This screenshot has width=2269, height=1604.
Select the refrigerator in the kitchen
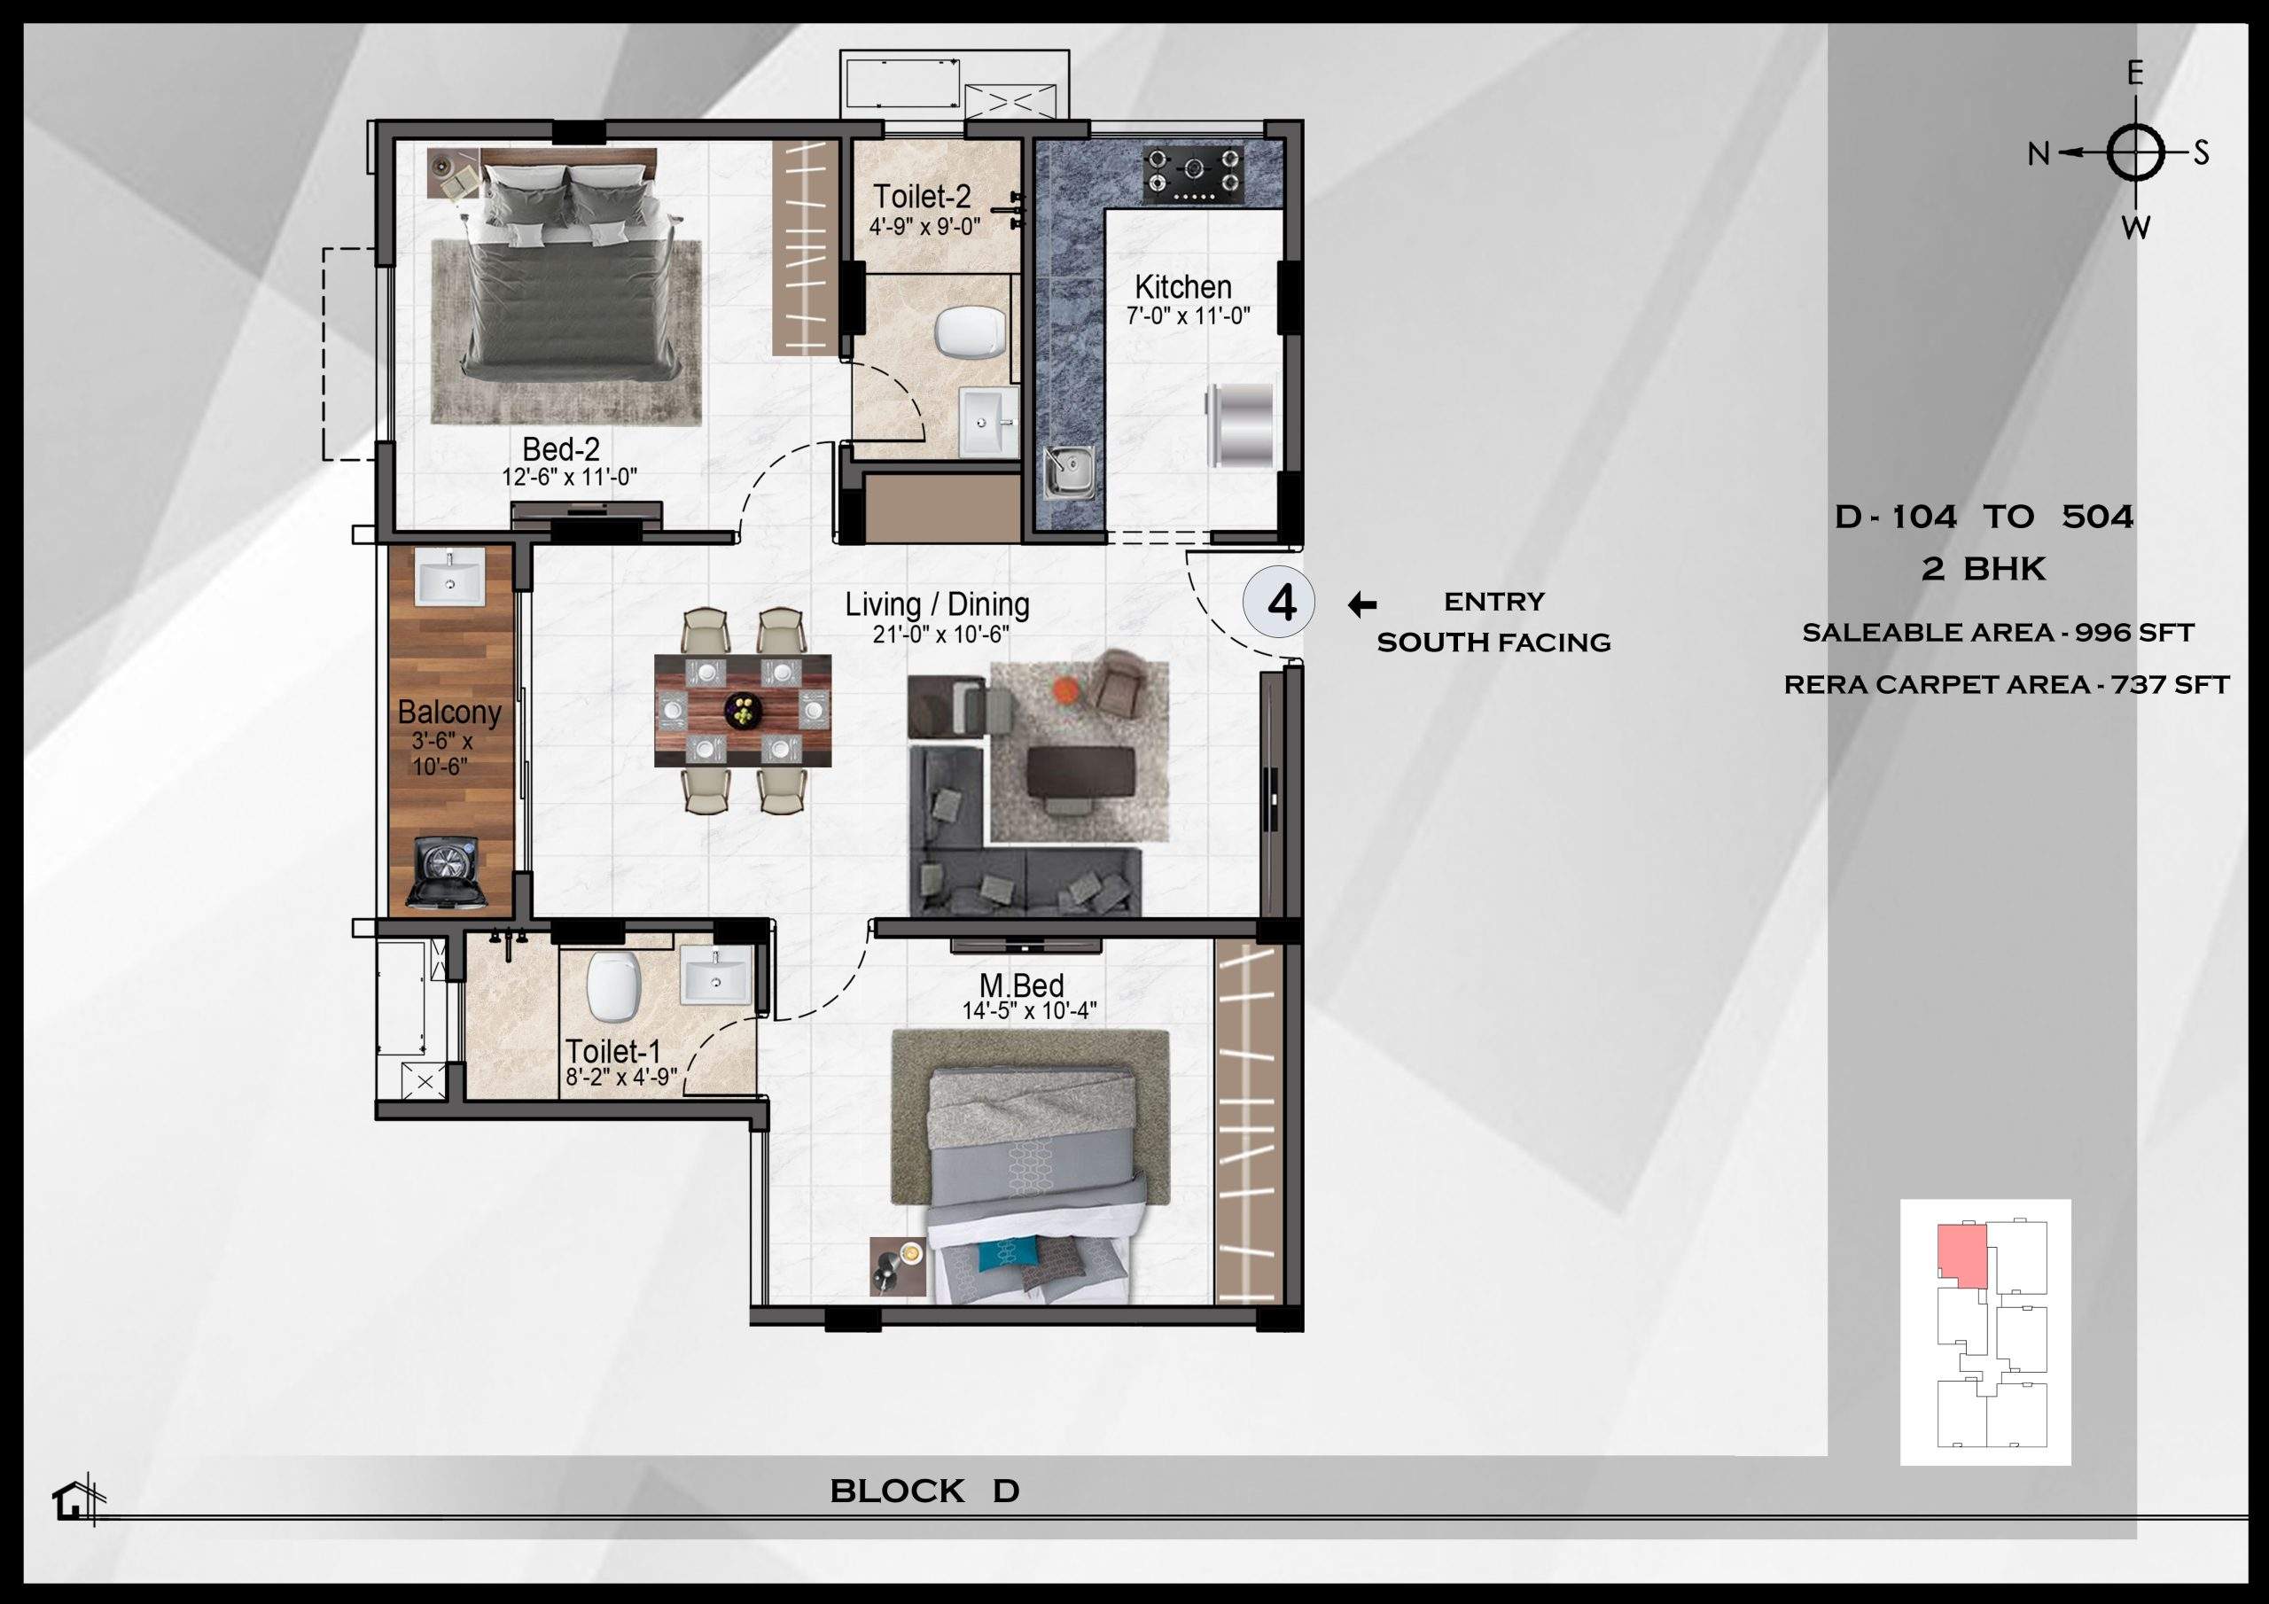coord(1240,425)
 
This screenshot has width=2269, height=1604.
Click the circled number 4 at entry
coord(1281,603)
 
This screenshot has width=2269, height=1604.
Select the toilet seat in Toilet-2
coord(971,333)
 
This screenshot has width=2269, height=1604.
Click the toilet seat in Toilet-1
coord(612,988)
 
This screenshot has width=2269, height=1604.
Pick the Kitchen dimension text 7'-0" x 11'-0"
coord(1188,316)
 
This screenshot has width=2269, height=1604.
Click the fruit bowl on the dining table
coord(742,711)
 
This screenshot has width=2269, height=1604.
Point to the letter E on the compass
coord(2134,74)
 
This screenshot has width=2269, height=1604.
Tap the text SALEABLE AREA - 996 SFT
coord(1997,633)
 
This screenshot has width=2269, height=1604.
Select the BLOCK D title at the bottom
coord(924,1491)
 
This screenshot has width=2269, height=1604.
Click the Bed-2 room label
coord(560,449)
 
